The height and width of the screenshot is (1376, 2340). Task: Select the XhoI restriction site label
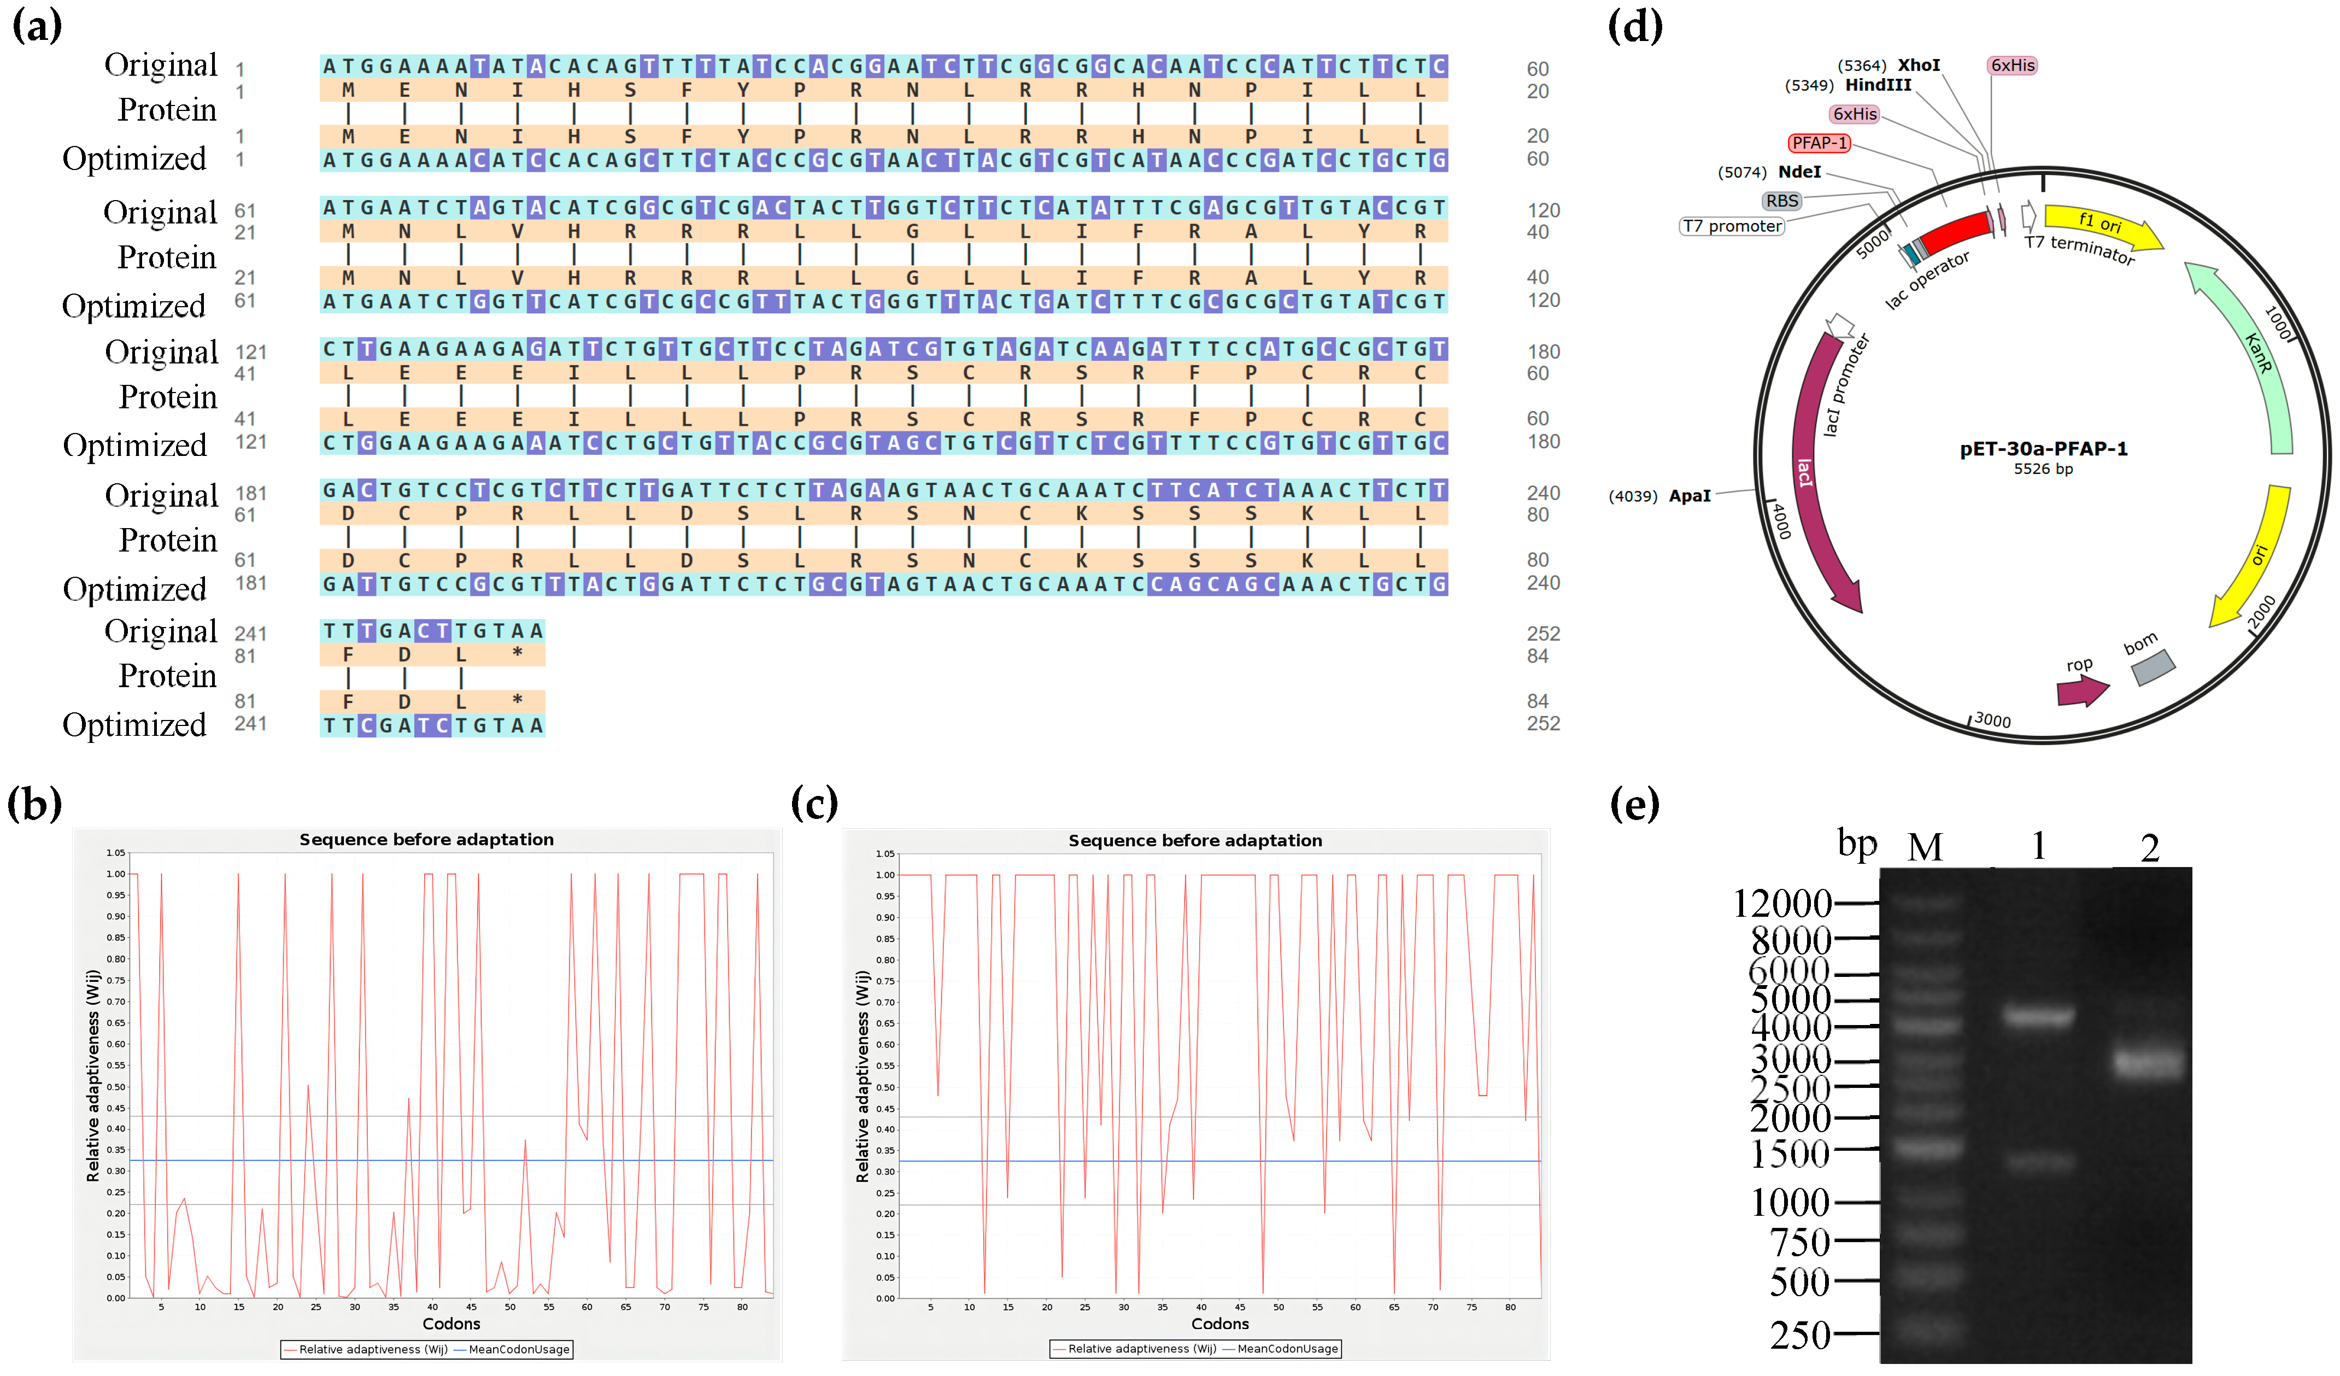click(1919, 65)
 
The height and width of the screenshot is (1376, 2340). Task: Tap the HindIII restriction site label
click(1878, 85)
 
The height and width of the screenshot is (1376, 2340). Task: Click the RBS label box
click(1782, 201)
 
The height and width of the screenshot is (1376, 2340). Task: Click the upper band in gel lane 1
click(2037, 1017)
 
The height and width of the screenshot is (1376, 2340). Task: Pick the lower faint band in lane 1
click(2039, 1162)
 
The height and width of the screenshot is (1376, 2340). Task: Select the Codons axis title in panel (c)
click(1219, 1324)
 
